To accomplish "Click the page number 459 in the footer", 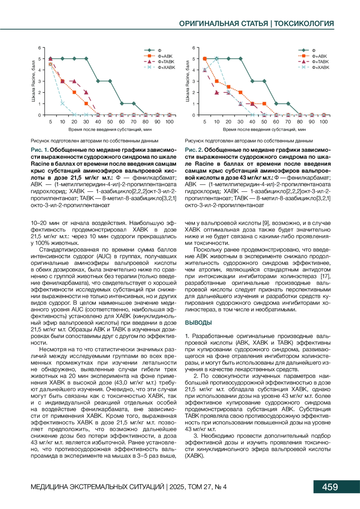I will click(330, 487).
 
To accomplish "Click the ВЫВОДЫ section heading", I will click(198, 323).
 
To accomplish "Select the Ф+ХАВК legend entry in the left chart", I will click(166, 67).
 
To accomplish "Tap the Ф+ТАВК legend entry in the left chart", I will click(166, 62).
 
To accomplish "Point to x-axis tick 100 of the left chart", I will click(169, 122).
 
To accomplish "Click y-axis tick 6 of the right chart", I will click(194, 48).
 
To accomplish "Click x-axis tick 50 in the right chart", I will click(264, 122).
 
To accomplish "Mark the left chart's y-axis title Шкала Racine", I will click(33, 81).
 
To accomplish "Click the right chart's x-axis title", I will click(264, 130).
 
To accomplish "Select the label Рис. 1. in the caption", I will click(40, 150).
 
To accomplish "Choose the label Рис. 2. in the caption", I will click(194, 150).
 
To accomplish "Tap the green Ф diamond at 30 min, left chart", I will click(86, 59).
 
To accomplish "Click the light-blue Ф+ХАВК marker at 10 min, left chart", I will click(62, 103).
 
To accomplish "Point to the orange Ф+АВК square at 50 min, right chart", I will click(264, 104).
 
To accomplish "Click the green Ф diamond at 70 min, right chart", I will click(288, 104).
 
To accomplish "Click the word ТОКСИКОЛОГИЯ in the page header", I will click(304, 24).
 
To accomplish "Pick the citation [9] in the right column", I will click(266, 223).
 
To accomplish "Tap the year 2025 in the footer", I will click(177, 487).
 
